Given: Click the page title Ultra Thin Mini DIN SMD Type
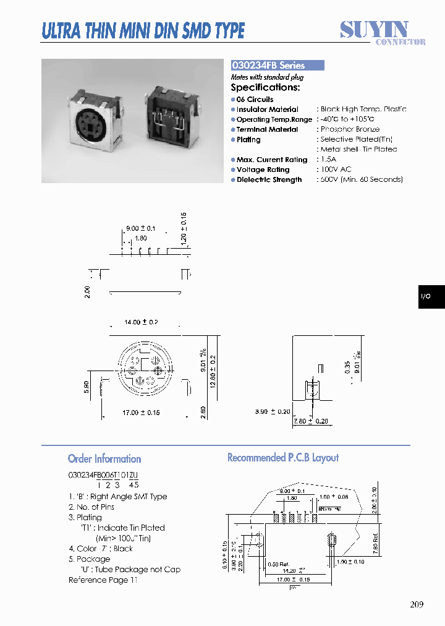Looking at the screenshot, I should [143, 30].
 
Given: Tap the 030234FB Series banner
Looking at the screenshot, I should [277, 66].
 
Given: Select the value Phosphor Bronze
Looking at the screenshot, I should [350, 129].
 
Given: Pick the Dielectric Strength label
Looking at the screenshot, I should [269, 180].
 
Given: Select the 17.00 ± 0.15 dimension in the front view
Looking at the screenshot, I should [142, 413].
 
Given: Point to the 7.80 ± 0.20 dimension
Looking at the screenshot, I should [310, 422].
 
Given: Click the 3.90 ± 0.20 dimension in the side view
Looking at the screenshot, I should [273, 411].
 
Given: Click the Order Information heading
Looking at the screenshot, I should [104, 459].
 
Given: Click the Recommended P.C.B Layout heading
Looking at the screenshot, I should [283, 458].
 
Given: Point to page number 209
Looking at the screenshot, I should [417, 604].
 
